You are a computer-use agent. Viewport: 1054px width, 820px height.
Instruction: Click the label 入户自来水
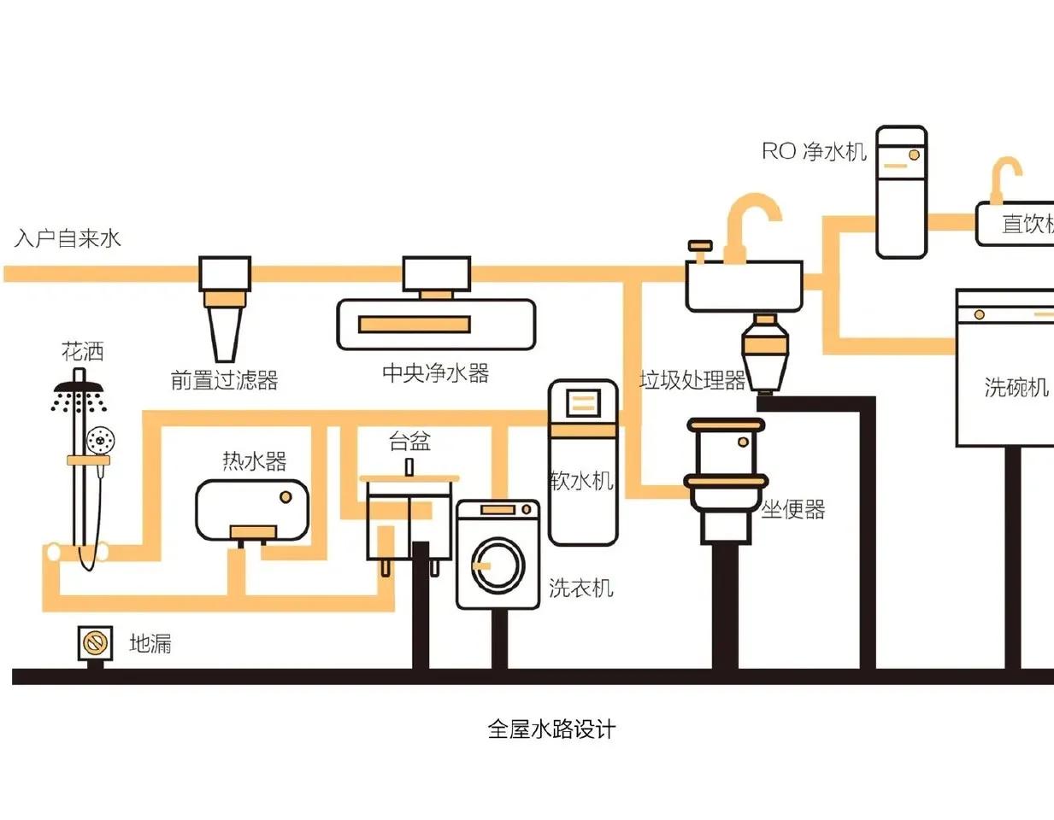pyautogui.click(x=68, y=238)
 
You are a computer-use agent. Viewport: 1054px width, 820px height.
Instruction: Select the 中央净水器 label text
pyautogui.click(x=435, y=373)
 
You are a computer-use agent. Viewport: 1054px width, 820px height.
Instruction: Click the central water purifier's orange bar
pyautogui.click(x=414, y=325)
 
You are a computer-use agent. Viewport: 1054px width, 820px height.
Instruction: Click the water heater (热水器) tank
pyautogui.click(x=252, y=510)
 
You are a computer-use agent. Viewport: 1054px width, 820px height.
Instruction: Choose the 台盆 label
pyautogui.click(x=409, y=442)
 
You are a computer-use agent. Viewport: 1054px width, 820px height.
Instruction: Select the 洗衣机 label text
pyautogui.click(x=580, y=588)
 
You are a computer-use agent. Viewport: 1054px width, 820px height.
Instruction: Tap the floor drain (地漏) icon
pyautogui.click(x=95, y=642)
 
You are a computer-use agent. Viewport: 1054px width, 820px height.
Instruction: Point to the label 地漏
pyautogui.click(x=150, y=643)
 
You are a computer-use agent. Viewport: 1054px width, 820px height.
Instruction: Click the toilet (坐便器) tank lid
pyautogui.click(x=726, y=425)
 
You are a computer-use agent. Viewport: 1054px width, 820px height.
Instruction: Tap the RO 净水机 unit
pyautogui.click(x=902, y=191)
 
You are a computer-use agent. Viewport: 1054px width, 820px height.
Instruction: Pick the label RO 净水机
pyautogui.click(x=814, y=151)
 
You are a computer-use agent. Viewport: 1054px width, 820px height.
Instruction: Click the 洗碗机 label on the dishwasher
pyautogui.click(x=1016, y=387)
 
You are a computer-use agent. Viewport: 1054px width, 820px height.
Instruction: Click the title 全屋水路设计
pyautogui.click(x=551, y=729)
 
